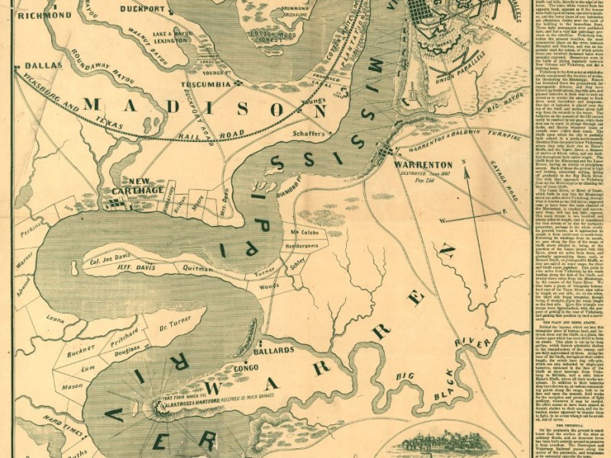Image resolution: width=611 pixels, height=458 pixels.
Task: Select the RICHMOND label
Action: pos(43,14)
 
